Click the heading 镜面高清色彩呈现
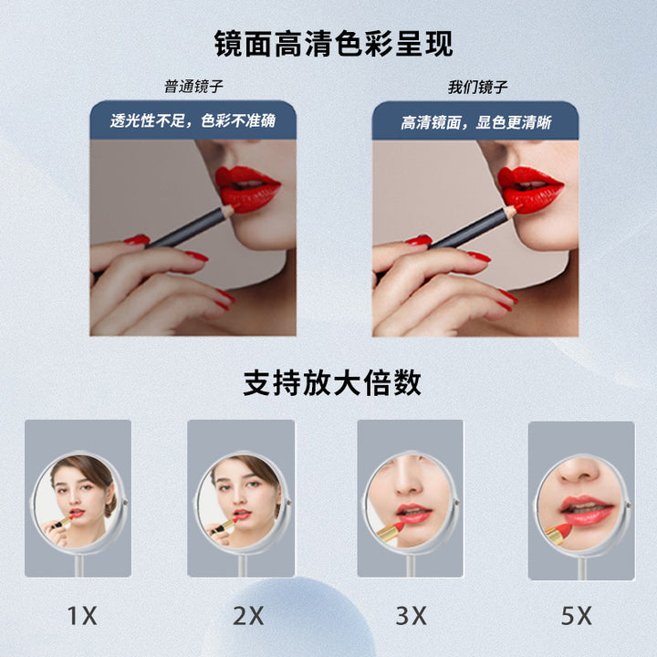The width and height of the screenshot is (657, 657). tap(334, 44)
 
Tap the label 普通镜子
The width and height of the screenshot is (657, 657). tap(193, 87)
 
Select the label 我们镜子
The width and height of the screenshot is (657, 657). tap(477, 88)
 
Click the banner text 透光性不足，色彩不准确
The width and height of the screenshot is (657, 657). tap(193, 120)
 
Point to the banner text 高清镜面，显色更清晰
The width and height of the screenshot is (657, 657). tap(476, 122)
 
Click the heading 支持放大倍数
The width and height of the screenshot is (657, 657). tap(332, 382)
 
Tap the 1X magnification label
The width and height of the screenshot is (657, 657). tap(82, 616)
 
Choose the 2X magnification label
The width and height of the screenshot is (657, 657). tap(248, 616)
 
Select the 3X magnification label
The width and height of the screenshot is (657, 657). tap(411, 616)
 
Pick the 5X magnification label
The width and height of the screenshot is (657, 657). tap(577, 616)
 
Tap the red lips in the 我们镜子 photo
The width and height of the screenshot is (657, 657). tap(529, 189)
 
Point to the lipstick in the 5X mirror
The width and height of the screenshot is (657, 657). tap(558, 534)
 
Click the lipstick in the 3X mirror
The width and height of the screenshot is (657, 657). tap(391, 532)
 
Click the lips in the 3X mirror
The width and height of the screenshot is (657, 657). tap(413, 513)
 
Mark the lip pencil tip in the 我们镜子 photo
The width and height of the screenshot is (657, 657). tap(518, 207)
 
